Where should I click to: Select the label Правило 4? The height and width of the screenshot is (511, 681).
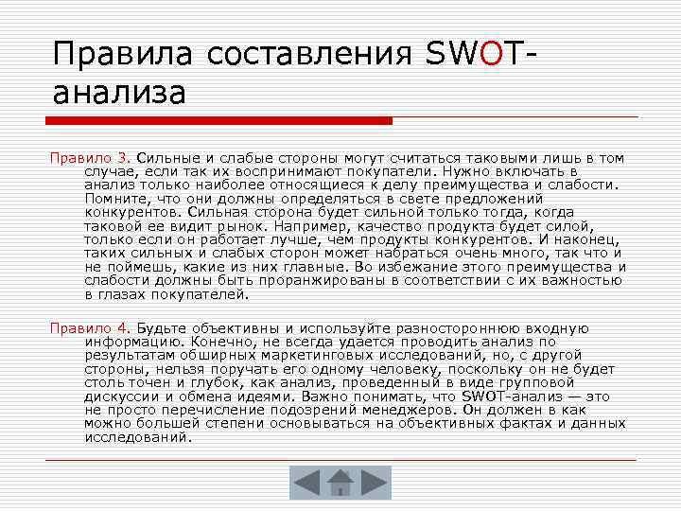coord(90,327)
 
